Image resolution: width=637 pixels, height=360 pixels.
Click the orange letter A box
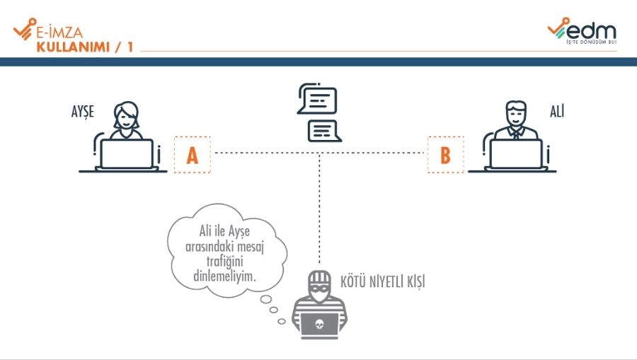tap(192, 154)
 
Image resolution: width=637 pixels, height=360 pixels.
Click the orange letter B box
tap(445, 154)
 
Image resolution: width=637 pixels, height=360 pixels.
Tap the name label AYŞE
tap(82, 111)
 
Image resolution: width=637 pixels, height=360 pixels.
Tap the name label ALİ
tap(557, 111)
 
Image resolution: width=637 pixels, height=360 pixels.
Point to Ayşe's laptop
tap(127, 153)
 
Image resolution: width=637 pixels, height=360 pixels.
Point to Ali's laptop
tap(516, 153)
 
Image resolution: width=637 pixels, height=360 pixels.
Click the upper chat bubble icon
tap(316, 100)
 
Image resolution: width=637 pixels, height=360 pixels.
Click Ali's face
tap(516, 116)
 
